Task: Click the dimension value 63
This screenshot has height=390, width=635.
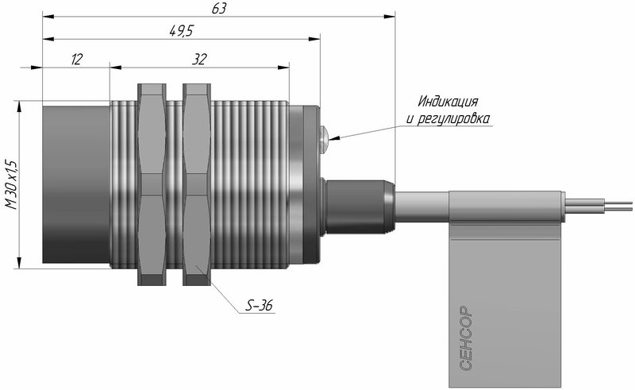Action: pos(219,9)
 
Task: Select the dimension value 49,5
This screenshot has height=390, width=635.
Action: pos(182,31)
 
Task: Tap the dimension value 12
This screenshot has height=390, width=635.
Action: pos(76,60)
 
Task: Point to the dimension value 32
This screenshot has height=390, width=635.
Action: pos(199,60)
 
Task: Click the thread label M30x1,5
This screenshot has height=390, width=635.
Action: pos(12,184)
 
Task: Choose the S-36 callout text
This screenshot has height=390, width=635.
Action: pos(260,306)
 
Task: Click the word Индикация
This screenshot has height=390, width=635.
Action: pos(448,101)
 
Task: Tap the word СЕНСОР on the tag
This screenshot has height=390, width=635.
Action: pos(466,338)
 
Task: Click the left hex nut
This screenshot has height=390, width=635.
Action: pos(152,184)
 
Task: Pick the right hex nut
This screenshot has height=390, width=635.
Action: pos(197,184)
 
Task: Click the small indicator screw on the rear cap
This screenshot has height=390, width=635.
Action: pos(324,140)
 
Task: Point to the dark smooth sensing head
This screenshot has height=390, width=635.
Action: pos(76,184)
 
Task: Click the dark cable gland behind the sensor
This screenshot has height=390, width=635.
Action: pos(358,207)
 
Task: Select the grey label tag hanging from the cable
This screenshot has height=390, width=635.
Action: pos(506,289)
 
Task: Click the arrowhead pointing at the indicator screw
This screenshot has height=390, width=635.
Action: pos(334,138)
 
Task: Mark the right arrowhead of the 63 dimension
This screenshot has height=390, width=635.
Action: pos(390,16)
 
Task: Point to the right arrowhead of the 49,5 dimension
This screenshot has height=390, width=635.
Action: pos(314,39)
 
